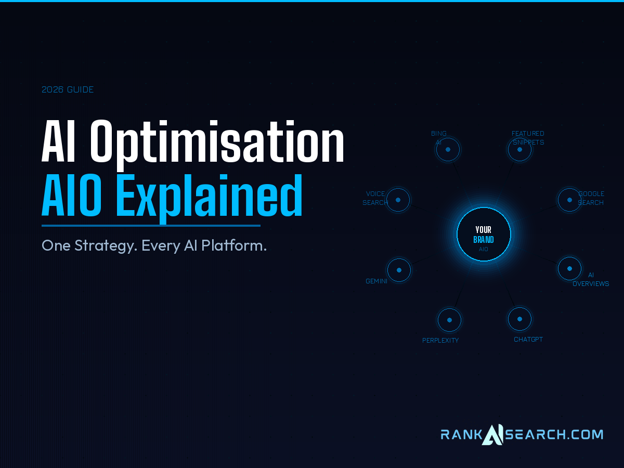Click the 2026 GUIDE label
click(x=68, y=89)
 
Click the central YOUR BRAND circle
click(x=484, y=235)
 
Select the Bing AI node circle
click(x=448, y=150)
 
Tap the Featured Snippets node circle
click(x=519, y=150)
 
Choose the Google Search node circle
click(x=569, y=200)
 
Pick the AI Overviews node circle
click(x=569, y=269)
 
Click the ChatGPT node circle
click(x=519, y=319)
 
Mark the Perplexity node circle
click(x=449, y=320)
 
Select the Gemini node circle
click(x=399, y=270)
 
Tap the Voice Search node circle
click(x=398, y=200)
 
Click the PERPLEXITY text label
click(x=440, y=341)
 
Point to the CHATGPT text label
click(x=528, y=340)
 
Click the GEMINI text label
click(x=376, y=281)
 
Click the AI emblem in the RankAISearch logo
click(x=492, y=434)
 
